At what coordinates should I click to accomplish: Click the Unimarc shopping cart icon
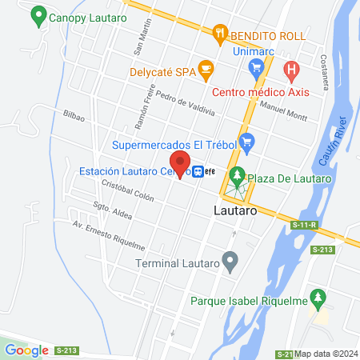click(258, 67)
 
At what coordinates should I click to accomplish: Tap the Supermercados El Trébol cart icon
click(247, 145)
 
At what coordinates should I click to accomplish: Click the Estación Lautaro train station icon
click(198, 170)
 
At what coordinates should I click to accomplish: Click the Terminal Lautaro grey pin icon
click(230, 261)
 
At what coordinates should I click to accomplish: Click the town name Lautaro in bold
click(235, 212)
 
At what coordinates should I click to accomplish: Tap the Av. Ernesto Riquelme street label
click(108, 233)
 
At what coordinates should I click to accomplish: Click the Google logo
click(26, 350)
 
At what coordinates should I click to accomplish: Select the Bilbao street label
click(74, 116)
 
